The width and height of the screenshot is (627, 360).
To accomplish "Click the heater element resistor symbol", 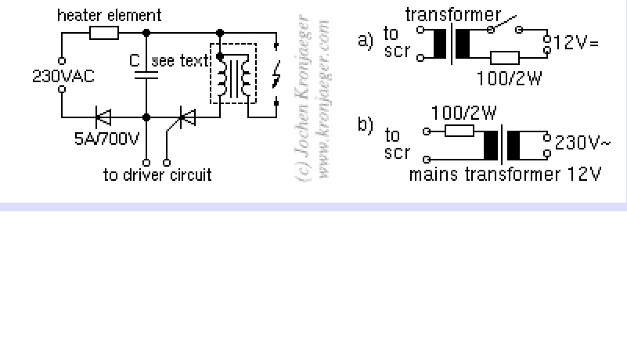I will pyautogui.click(x=104, y=32).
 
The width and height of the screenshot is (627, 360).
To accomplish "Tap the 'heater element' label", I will pyautogui.click(x=110, y=15).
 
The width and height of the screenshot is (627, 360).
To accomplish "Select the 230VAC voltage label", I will pyautogui.click(x=64, y=76).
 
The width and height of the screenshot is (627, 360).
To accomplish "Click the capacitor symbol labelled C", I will pyautogui.click(x=146, y=74).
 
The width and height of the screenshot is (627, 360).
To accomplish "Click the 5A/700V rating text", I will pyautogui.click(x=106, y=139).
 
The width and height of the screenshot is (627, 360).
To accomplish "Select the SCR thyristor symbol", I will pyautogui.click(x=186, y=118).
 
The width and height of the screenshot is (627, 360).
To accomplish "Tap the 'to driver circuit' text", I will pyautogui.click(x=157, y=174).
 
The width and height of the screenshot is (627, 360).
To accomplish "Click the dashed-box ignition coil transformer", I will pyautogui.click(x=233, y=77).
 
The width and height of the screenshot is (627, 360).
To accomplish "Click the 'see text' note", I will pyautogui.click(x=181, y=61).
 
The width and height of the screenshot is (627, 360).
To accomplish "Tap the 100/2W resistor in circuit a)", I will pyautogui.click(x=505, y=56).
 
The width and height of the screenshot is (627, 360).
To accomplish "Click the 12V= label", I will pyautogui.click(x=576, y=42).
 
